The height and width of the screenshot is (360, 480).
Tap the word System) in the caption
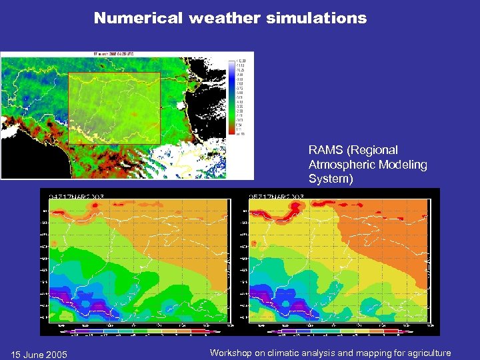(330, 179)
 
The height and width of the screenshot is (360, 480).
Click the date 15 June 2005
(39, 354)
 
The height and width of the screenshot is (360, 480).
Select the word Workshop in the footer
(231, 353)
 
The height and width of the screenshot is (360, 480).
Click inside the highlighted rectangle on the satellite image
(114, 107)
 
